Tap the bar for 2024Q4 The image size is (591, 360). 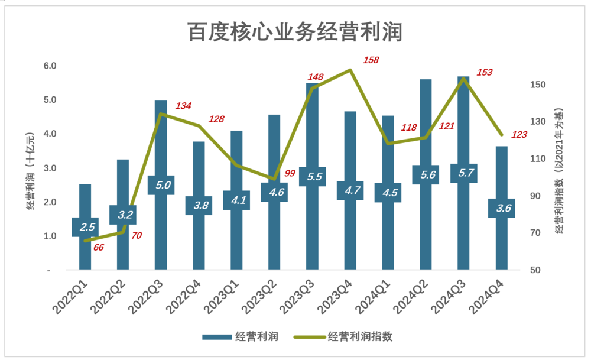(x=501, y=177)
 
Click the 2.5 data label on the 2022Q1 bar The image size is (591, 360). (x=85, y=227)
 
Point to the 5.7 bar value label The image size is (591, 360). (x=463, y=173)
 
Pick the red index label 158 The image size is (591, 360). (x=371, y=60)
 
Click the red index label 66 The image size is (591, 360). (x=98, y=247)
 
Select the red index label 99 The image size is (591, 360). (x=290, y=173)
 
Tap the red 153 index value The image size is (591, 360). (x=484, y=72)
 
